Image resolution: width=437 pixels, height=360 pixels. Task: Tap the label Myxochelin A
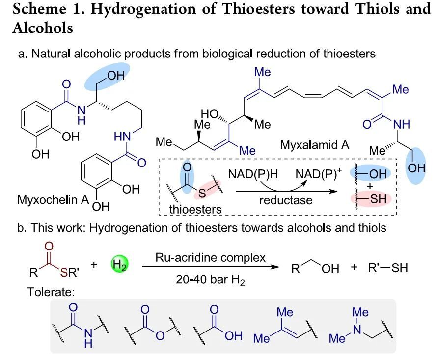(49, 200)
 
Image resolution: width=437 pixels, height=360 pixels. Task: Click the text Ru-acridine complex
(210, 257)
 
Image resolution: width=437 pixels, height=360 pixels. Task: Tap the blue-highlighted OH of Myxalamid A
(417, 168)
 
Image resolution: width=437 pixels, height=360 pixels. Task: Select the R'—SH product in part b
(387, 269)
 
